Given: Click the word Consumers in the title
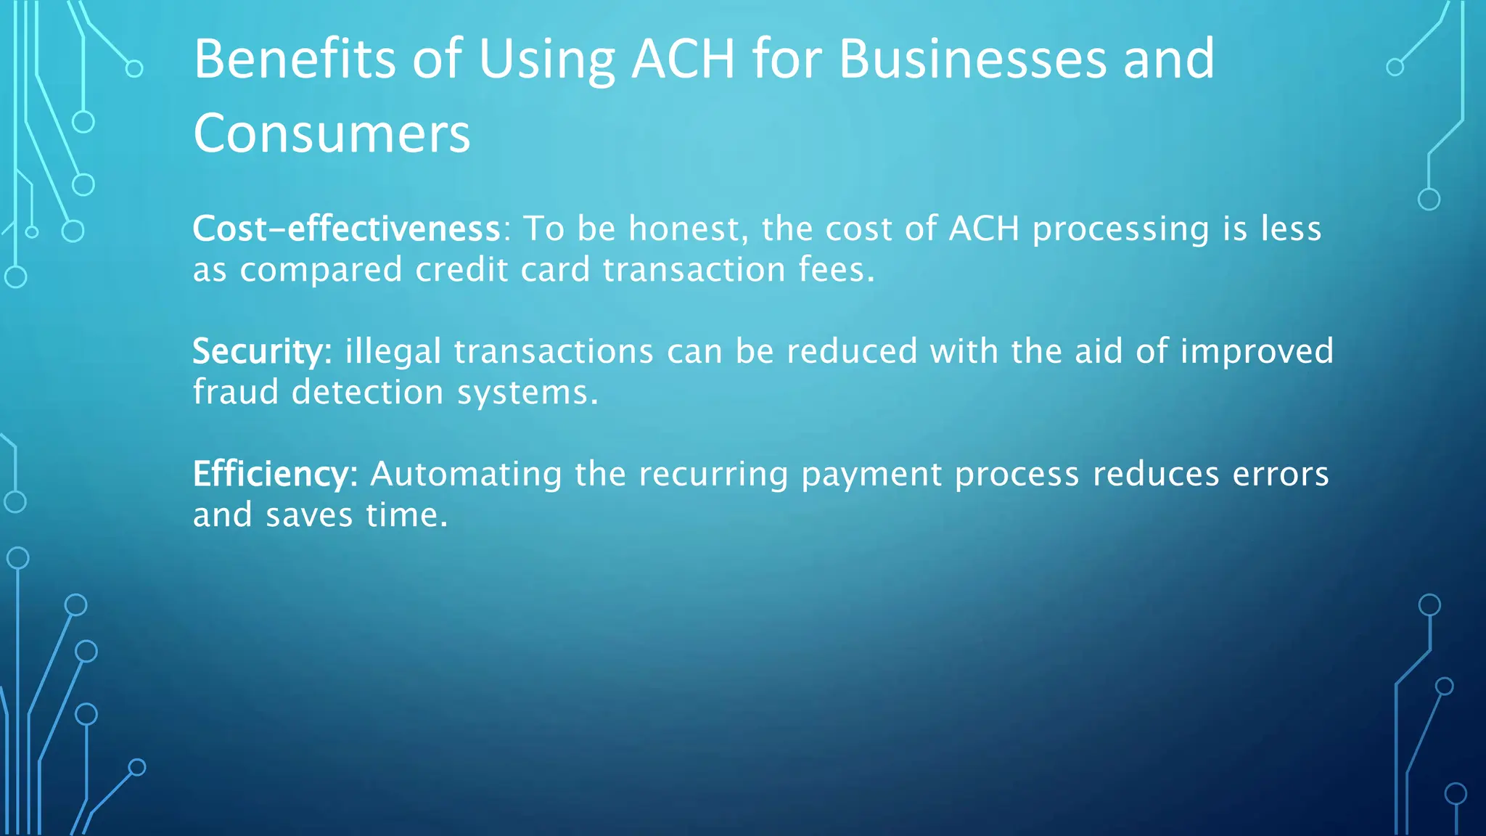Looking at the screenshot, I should (332, 134).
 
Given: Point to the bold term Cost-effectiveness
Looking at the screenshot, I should (346, 229).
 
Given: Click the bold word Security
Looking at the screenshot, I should (258, 351).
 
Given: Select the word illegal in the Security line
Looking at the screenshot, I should (393, 351).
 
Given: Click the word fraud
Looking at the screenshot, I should (236, 393).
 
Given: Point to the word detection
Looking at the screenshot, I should (367, 393).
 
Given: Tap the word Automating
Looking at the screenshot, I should (466, 474).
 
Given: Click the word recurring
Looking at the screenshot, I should (713, 474).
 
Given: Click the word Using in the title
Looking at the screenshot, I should (546, 60).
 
